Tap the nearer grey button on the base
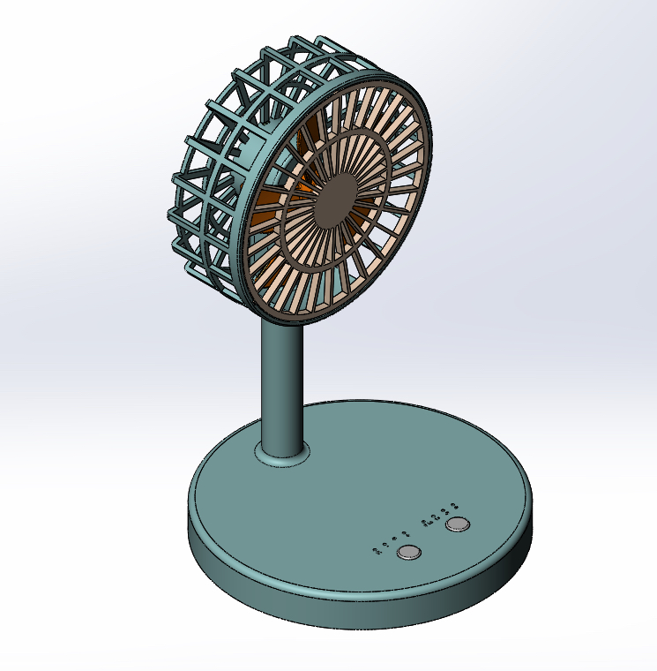[x=409, y=553]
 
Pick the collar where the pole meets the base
[x=283, y=456]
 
